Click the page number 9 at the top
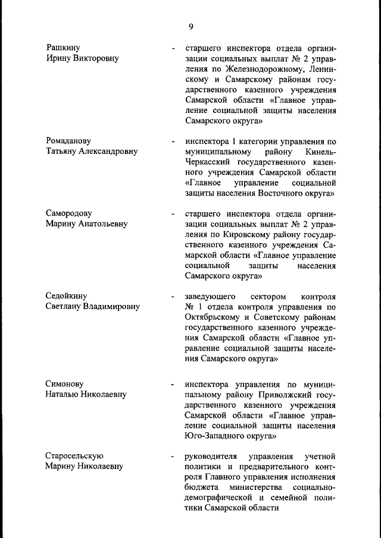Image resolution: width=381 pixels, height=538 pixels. click(x=190, y=26)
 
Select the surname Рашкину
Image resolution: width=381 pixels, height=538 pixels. click(x=63, y=48)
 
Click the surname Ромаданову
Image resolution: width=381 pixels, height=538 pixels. click(x=68, y=141)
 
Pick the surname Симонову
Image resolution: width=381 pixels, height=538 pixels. click(x=65, y=383)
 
